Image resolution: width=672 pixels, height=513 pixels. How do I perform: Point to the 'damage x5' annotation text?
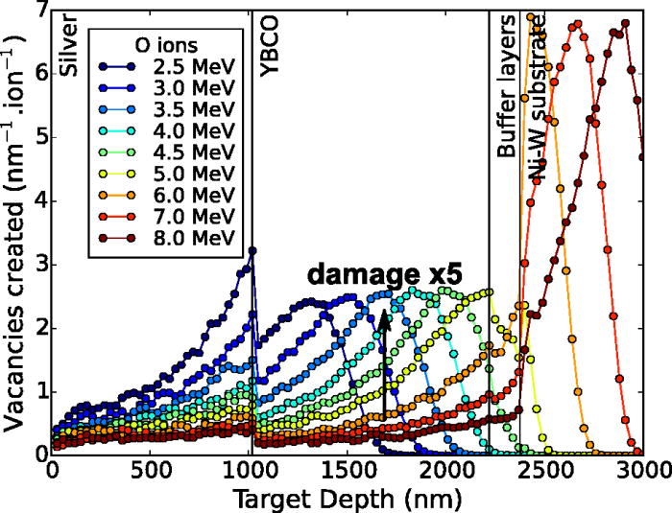[384, 274]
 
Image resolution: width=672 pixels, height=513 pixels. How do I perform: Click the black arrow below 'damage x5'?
[383, 364]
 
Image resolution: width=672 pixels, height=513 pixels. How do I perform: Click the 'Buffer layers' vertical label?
[505, 86]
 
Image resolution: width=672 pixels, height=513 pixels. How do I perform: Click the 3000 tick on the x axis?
[642, 473]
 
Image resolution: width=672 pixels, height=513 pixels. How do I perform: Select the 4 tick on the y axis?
[38, 200]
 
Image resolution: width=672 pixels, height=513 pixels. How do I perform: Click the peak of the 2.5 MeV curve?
[252, 251]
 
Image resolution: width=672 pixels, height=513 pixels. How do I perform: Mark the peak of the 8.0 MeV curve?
[625, 24]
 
